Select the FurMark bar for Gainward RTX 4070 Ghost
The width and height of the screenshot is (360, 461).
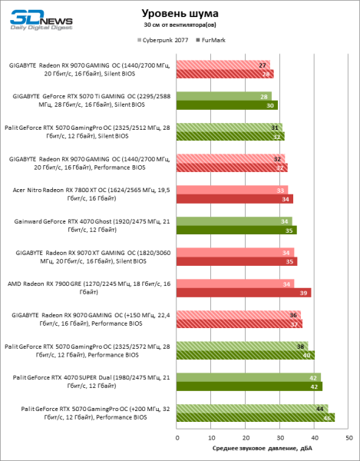236,230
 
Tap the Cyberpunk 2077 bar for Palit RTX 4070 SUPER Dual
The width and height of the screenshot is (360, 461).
249,377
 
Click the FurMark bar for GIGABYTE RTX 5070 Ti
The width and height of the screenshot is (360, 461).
227,105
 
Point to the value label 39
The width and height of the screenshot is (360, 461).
304,293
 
